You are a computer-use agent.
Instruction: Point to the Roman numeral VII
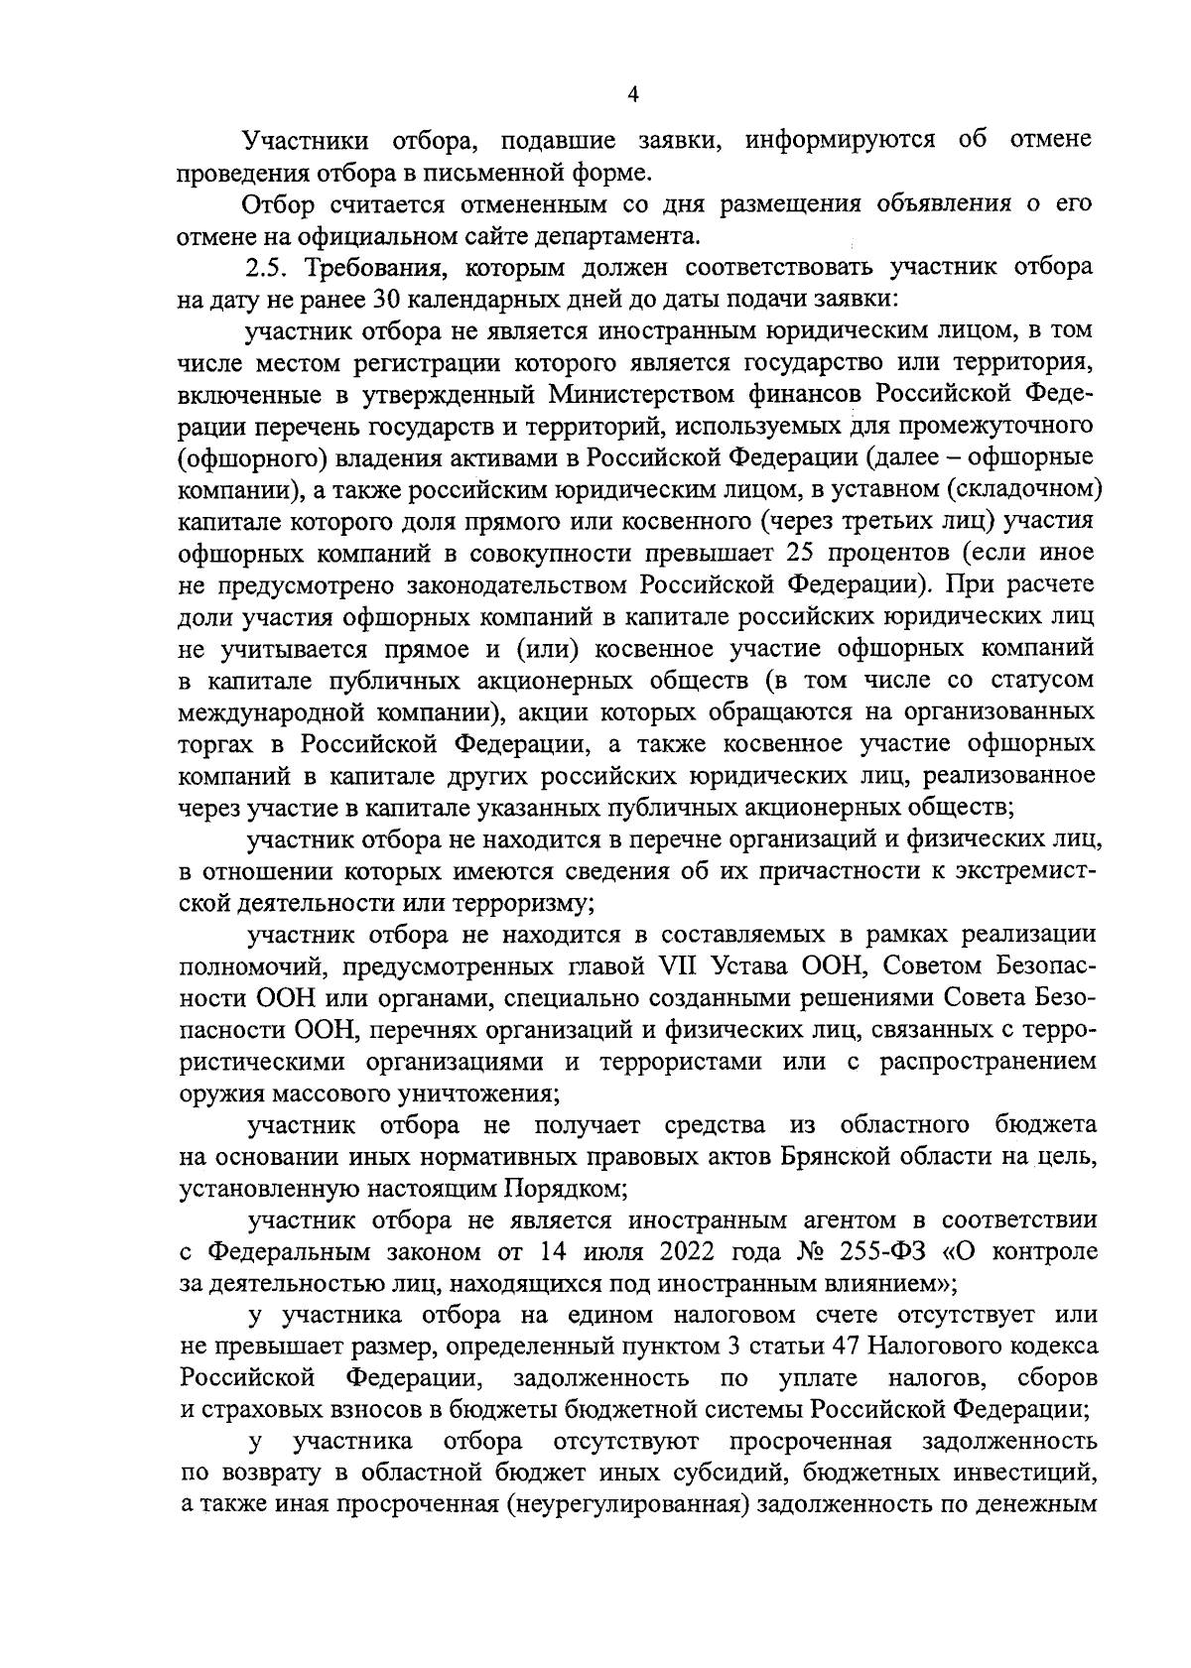[675, 966]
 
